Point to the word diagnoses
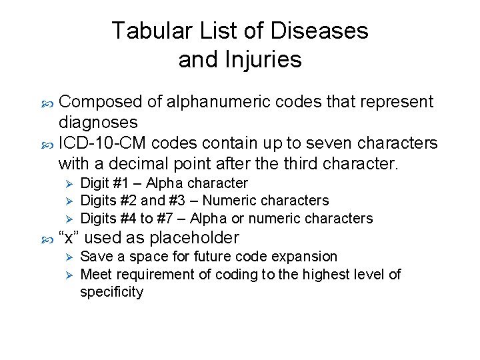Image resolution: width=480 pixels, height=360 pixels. [x=98, y=122]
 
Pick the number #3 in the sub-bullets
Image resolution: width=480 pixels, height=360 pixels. [x=186, y=201]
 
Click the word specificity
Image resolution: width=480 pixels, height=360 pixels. [x=111, y=292]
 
